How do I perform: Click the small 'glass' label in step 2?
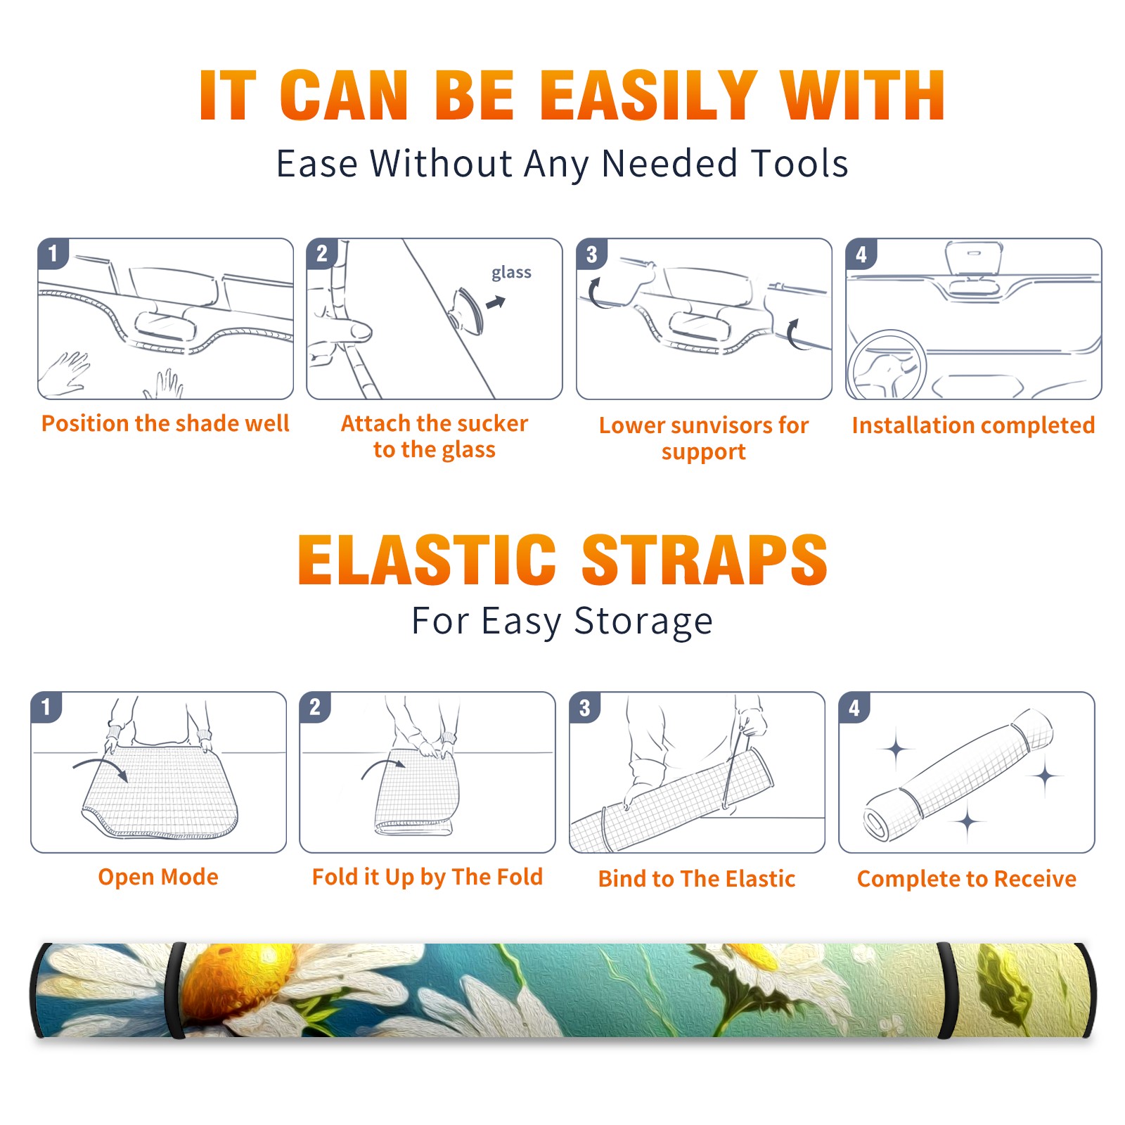tap(511, 272)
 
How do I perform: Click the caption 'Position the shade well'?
tap(165, 423)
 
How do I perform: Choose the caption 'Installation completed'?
tap(973, 425)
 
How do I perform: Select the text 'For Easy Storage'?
tap(562, 622)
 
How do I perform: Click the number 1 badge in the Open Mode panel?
tap(46, 707)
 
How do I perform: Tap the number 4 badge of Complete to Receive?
tap(854, 707)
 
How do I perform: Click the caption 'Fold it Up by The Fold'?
tap(427, 877)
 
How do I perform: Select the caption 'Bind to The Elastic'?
tap(697, 879)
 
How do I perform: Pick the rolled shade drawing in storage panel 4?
tap(959, 775)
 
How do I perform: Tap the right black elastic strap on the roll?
tap(946, 990)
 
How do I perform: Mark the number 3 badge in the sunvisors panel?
tap(591, 254)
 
